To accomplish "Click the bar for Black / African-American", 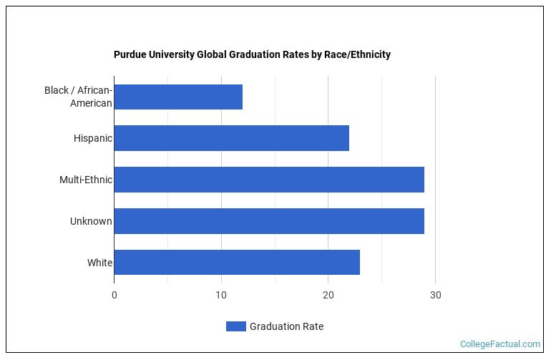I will pyautogui.click(x=178, y=97).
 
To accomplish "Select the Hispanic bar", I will pyautogui.click(x=231, y=138).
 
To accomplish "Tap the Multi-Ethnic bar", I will pyautogui.click(x=269, y=180).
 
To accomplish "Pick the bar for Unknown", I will pyautogui.click(x=269, y=221).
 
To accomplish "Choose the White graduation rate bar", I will pyautogui.click(x=237, y=263).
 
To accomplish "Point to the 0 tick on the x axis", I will pyautogui.click(x=114, y=295).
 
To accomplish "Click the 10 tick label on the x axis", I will pyautogui.click(x=221, y=295).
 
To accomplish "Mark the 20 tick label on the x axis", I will pyautogui.click(x=328, y=295).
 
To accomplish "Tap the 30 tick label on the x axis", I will pyautogui.click(x=435, y=295).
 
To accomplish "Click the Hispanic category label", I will pyautogui.click(x=93, y=138).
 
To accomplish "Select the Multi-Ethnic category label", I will pyautogui.click(x=86, y=180).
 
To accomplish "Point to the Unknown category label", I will pyautogui.click(x=91, y=221).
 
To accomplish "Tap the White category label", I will pyautogui.click(x=99, y=263).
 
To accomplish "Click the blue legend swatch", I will pyautogui.click(x=235, y=326).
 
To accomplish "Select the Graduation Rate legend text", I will pyautogui.click(x=286, y=326).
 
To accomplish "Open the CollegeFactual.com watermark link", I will pyautogui.click(x=500, y=344).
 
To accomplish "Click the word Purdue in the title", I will pyautogui.click(x=130, y=54).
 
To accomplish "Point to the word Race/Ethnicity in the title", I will pyautogui.click(x=357, y=54).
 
